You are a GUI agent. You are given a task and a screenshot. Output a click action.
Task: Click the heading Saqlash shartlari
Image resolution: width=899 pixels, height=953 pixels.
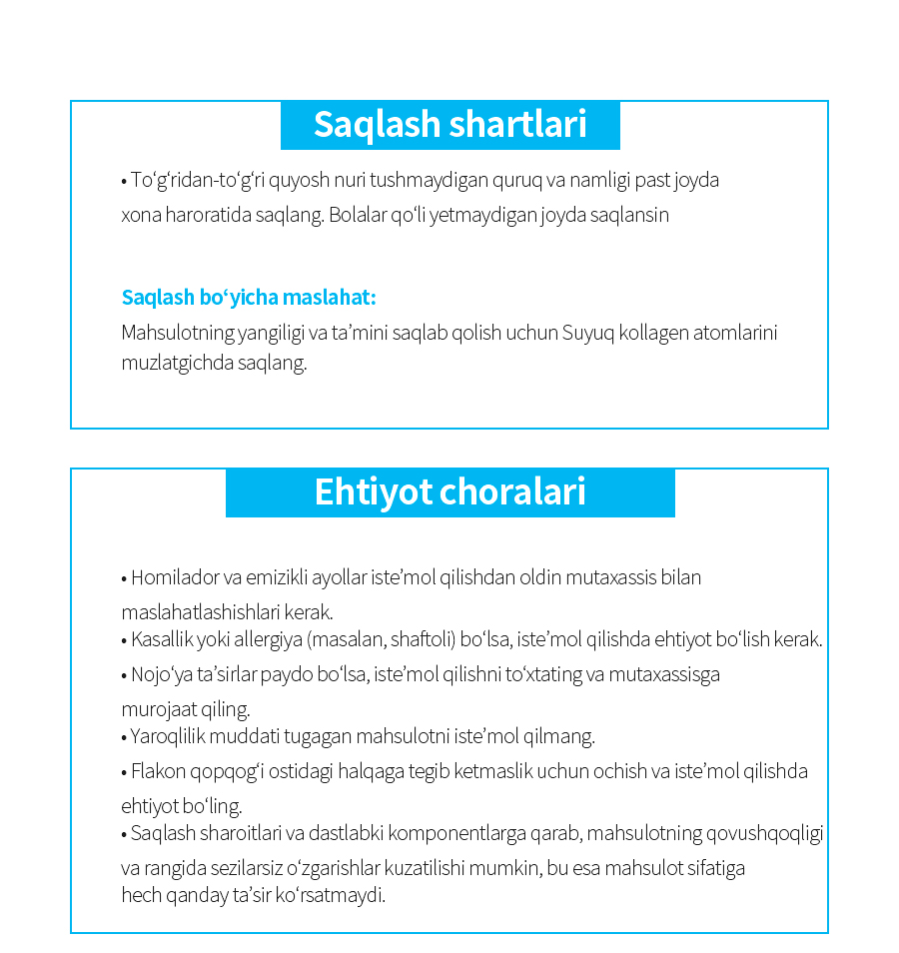[x=449, y=125]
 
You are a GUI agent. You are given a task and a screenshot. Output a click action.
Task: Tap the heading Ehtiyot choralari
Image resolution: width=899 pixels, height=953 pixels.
[x=449, y=492]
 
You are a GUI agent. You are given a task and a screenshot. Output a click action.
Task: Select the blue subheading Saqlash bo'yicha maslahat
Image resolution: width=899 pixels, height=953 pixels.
[x=249, y=298]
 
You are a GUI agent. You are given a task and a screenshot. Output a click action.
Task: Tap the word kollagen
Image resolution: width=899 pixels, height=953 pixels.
[x=653, y=333]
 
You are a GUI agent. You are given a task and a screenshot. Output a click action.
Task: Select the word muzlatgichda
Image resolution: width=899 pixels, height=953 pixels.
[x=177, y=363]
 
